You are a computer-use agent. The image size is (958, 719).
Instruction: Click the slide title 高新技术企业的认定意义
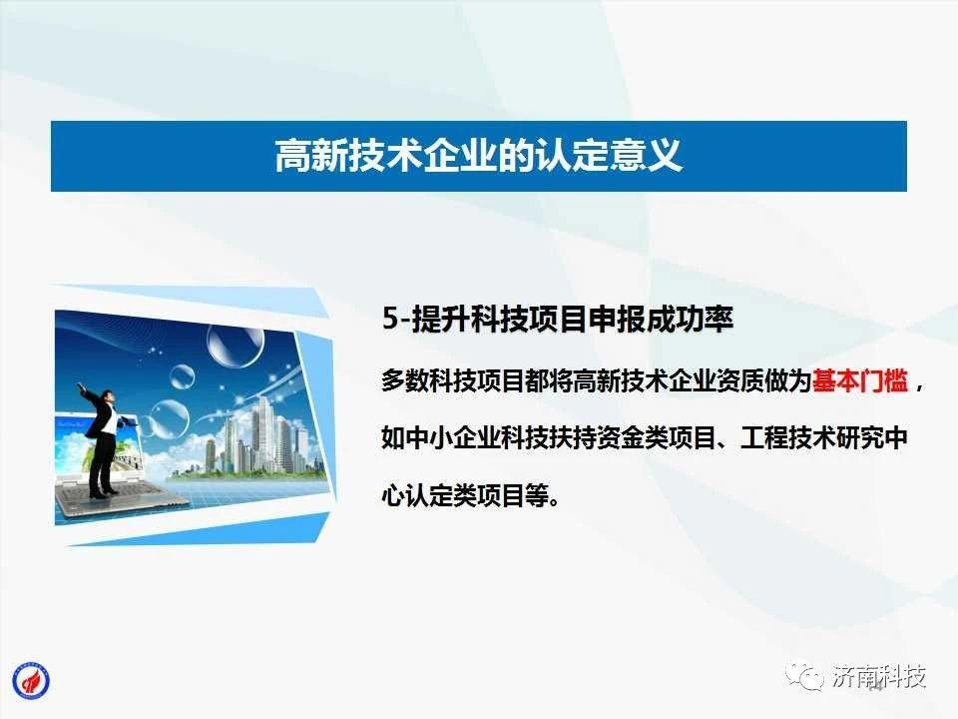(478, 156)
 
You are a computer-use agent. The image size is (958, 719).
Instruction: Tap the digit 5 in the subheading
(390, 319)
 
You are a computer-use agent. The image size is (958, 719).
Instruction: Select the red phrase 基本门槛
(859, 380)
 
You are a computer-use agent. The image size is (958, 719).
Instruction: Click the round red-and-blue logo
(31, 680)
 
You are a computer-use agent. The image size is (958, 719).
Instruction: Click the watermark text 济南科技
(879, 677)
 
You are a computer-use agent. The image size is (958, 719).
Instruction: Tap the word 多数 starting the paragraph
(406, 380)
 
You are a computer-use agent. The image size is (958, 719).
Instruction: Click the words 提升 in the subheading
(441, 319)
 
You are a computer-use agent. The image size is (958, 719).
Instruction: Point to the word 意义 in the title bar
(647, 156)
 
